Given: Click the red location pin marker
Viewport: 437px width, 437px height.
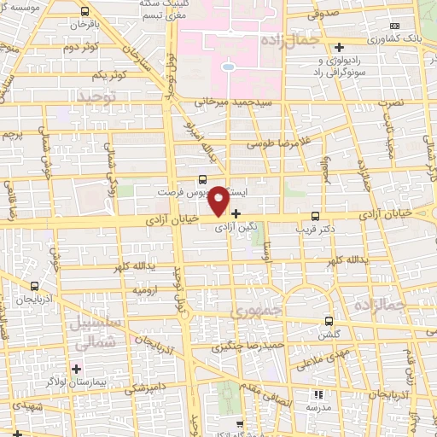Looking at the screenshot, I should [218, 200].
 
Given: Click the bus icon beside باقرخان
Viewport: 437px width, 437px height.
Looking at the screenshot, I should [84, 12].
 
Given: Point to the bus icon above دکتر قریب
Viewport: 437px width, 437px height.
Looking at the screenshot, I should [316, 215].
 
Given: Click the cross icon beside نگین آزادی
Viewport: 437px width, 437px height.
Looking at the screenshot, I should [236, 213].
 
